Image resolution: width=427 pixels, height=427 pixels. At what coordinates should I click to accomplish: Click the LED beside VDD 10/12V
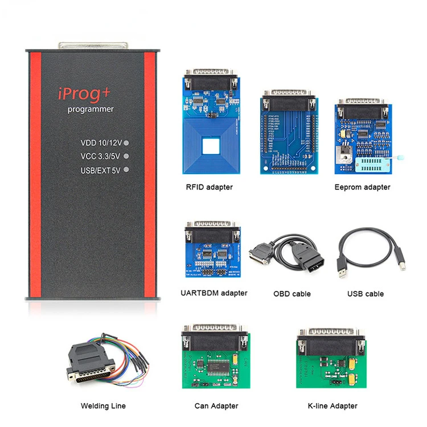tap(126, 143)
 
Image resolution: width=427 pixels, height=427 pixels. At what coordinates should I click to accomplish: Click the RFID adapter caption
tap(209, 187)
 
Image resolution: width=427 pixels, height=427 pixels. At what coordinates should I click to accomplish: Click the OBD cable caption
tap(292, 294)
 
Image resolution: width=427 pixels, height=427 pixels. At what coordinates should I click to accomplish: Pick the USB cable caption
tap(366, 294)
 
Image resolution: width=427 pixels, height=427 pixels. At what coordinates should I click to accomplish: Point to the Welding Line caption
tap(103, 406)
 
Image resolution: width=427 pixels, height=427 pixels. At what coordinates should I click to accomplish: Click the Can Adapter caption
tap(216, 406)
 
